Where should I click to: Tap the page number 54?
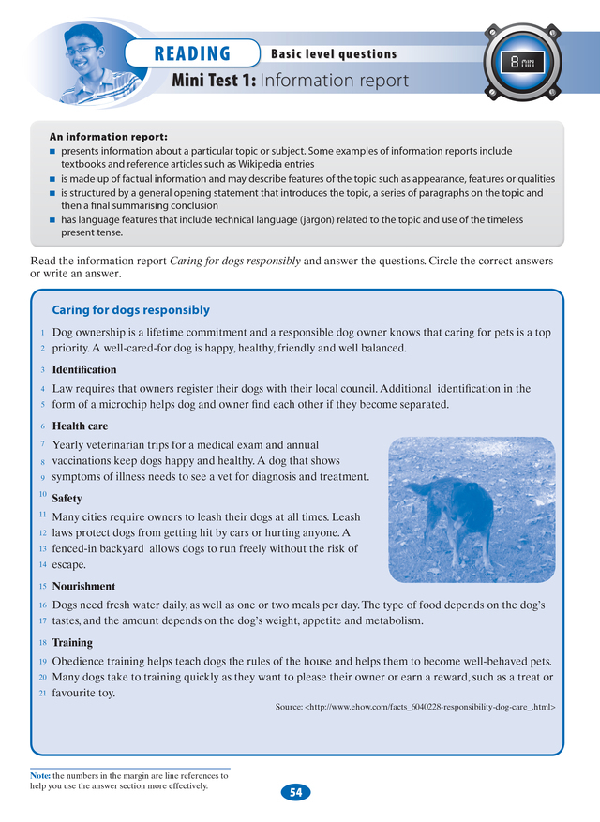295,792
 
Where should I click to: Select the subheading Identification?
84,370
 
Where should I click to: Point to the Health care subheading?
80,426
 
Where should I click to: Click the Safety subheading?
67,499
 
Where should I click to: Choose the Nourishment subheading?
83,586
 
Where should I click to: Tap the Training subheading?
72,643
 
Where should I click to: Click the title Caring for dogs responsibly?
130,310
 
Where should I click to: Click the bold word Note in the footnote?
39,776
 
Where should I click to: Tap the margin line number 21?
42,693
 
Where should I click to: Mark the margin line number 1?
43,333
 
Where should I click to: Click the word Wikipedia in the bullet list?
259,163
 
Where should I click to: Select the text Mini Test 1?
214,81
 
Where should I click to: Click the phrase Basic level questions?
334,54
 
